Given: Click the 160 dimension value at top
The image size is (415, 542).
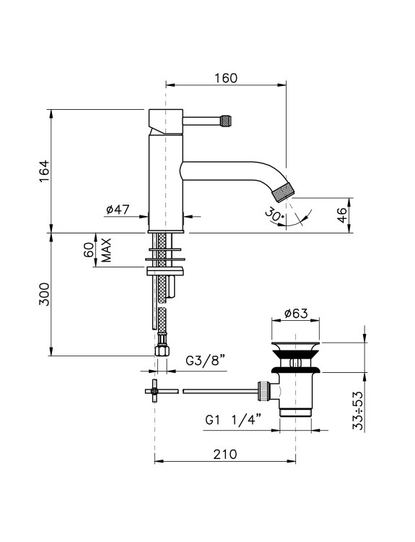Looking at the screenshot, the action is click(226, 78).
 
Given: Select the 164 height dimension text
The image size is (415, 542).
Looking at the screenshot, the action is click(44, 171).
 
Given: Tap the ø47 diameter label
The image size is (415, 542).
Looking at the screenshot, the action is click(118, 210).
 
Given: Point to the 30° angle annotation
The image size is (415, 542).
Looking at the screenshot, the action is click(274, 215).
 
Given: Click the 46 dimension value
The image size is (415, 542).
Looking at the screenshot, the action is click(341, 215).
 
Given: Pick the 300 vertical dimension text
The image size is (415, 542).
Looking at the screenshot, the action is click(44, 294).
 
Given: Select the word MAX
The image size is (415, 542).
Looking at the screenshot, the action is click(106, 250).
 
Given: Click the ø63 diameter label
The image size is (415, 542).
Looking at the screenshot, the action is click(296, 314).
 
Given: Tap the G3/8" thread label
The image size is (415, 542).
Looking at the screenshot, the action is click(206, 361).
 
